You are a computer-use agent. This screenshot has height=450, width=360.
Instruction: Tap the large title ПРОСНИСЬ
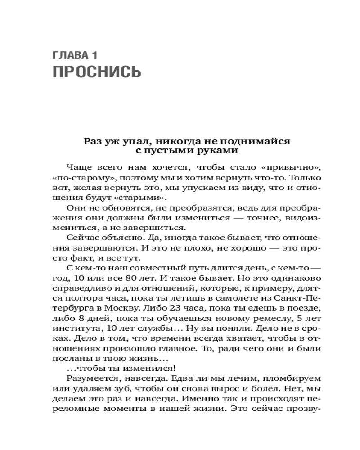(x=97, y=72)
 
